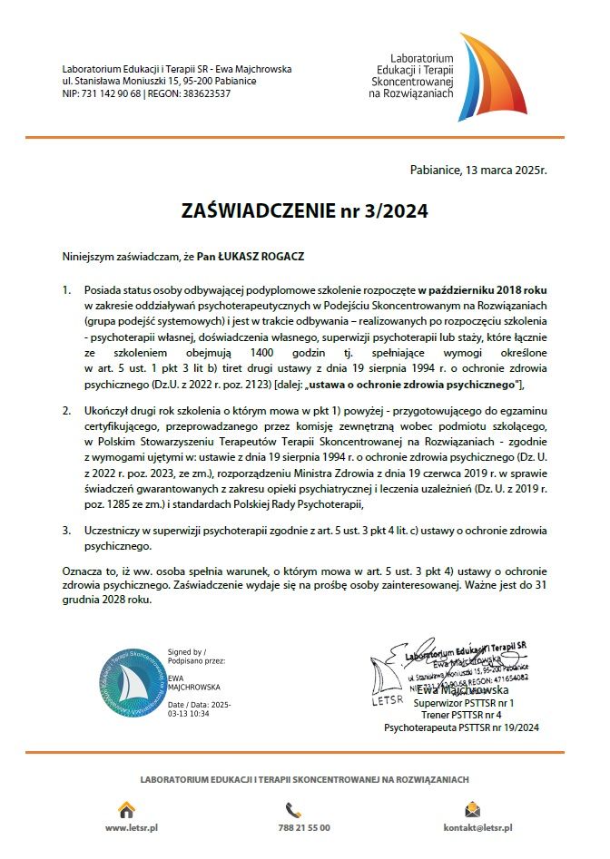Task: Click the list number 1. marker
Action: [66, 289]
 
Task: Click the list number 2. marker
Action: [66, 411]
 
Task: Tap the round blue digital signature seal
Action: [133, 683]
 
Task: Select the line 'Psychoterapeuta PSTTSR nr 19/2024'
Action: [462, 727]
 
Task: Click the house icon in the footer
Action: [127, 809]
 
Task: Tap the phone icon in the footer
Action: [293, 809]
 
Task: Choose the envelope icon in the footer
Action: [472, 809]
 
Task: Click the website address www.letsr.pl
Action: [133, 828]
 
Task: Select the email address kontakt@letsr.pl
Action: [477, 828]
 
